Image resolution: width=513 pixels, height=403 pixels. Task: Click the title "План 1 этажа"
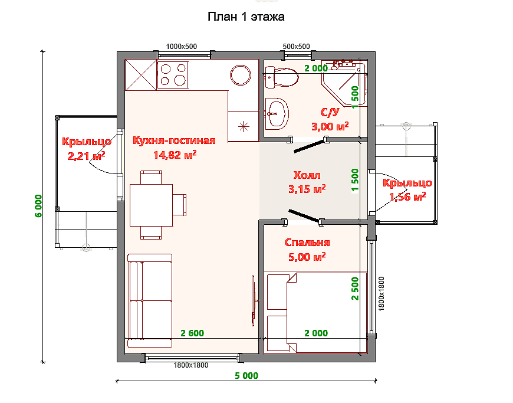coord(246,17)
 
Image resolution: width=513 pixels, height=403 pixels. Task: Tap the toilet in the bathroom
coord(281,77)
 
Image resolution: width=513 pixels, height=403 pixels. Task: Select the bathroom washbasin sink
coord(277,113)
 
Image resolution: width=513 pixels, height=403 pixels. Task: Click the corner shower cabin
coord(344,83)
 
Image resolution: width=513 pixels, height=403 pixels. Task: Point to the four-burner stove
coord(173,75)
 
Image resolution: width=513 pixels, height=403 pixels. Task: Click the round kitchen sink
coord(241,75)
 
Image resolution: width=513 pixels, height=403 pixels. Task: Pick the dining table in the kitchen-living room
coord(151,205)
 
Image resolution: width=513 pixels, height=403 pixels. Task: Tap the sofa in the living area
coord(150,300)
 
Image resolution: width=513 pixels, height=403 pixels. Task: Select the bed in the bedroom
coord(315,312)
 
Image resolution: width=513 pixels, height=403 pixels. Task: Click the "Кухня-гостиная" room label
coord(174,140)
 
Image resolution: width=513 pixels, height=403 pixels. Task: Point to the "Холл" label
coord(307,175)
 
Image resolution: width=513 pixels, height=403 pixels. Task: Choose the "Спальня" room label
coord(307,243)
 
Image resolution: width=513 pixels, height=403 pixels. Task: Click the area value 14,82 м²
coord(175,155)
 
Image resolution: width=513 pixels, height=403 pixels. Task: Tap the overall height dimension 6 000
coord(38,206)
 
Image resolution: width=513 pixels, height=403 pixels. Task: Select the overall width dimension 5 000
coord(246,375)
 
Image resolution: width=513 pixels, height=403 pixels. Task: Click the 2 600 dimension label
coord(192,333)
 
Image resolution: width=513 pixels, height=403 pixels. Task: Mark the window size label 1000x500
coord(181,47)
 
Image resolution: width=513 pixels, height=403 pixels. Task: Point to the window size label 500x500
coord(296,47)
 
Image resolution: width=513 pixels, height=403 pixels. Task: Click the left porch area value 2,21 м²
coord(86,156)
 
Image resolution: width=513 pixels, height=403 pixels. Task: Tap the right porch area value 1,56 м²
coord(407,196)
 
